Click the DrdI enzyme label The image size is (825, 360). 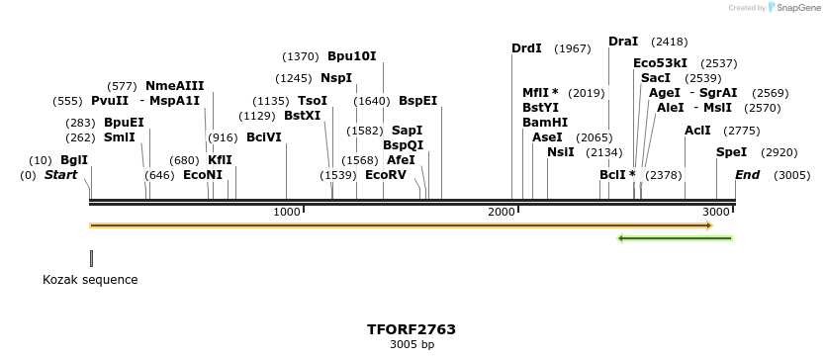point(526,48)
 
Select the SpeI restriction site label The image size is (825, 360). point(732,153)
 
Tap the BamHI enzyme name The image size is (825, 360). point(545,123)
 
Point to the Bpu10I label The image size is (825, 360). point(352,56)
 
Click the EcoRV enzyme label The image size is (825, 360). point(386,175)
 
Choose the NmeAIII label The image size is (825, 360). point(174,86)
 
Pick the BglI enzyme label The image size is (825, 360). point(74,160)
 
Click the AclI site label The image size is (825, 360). point(697,131)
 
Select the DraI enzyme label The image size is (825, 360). point(623,42)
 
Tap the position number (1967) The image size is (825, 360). point(573,48)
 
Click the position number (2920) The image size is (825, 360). point(779,153)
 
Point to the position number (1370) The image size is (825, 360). point(301,56)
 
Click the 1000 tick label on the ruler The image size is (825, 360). point(287,213)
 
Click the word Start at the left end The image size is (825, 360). point(60,175)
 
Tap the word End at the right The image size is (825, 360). point(748,175)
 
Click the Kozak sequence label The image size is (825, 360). point(90,280)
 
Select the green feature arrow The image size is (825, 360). point(674,238)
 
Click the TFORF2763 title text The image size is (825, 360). point(412,329)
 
